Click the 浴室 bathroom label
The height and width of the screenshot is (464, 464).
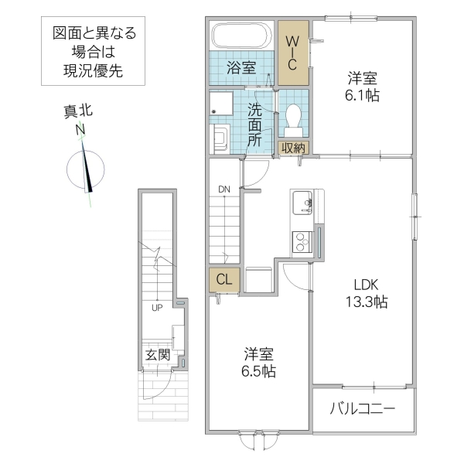click(x=241, y=68)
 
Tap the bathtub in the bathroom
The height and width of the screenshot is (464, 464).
click(x=241, y=37)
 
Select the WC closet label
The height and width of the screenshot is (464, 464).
click(x=293, y=52)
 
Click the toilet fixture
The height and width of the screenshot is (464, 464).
click(x=293, y=118)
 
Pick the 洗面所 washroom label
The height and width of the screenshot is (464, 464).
click(x=254, y=125)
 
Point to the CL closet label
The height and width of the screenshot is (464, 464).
click(x=221, y=279)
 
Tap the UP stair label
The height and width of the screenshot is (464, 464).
click(x=156, y=308)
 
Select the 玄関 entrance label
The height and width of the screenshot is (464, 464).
click(x=157, y=355)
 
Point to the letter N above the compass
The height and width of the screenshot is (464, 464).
click(x=80, y=131)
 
